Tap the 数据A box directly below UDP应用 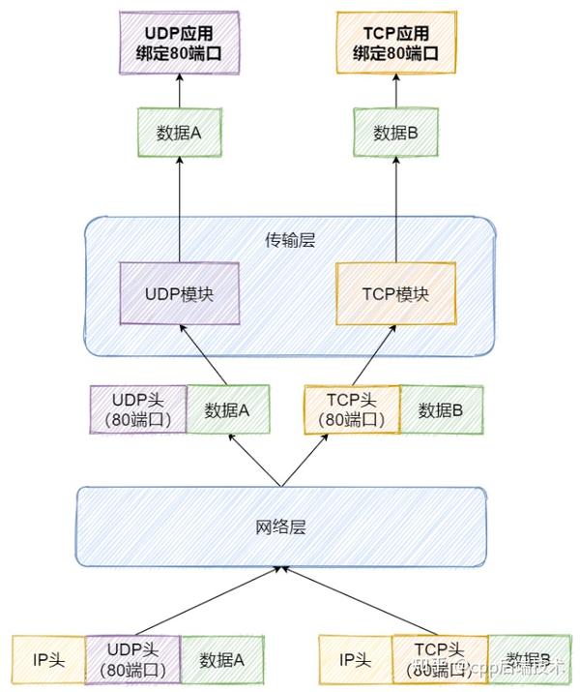point(179,134)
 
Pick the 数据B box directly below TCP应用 point(396,134)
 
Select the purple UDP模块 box point(180,293)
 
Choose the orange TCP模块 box point(396,293)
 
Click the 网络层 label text point(280,527)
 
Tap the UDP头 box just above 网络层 point(136,409)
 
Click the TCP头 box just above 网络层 point(351,409)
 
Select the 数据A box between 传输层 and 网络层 point(226,409)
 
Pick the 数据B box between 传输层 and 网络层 point(441,409)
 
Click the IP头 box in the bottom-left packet point(48,660)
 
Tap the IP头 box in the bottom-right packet point(356,660)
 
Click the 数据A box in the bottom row point(222,660)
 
